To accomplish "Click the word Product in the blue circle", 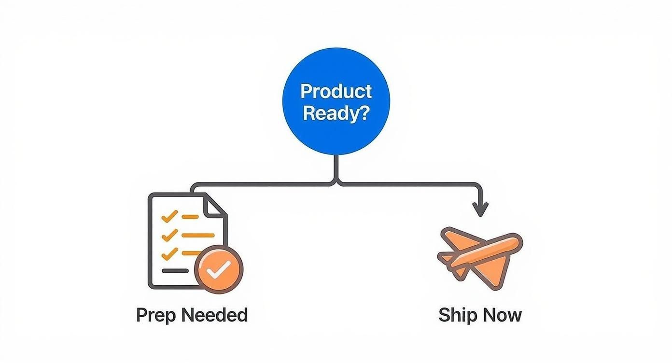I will [336, 91].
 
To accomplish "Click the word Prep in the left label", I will [154, 315].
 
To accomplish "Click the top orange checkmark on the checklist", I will [169, 217].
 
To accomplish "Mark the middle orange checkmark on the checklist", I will [169, 235].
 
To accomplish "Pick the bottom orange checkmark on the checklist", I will [169, 253].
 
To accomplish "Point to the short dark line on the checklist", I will [175, 271].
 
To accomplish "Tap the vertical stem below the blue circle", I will [336, 167].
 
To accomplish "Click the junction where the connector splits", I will [336, 182].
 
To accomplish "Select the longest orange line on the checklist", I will [199, 235].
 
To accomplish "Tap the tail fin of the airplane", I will [448, 258].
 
